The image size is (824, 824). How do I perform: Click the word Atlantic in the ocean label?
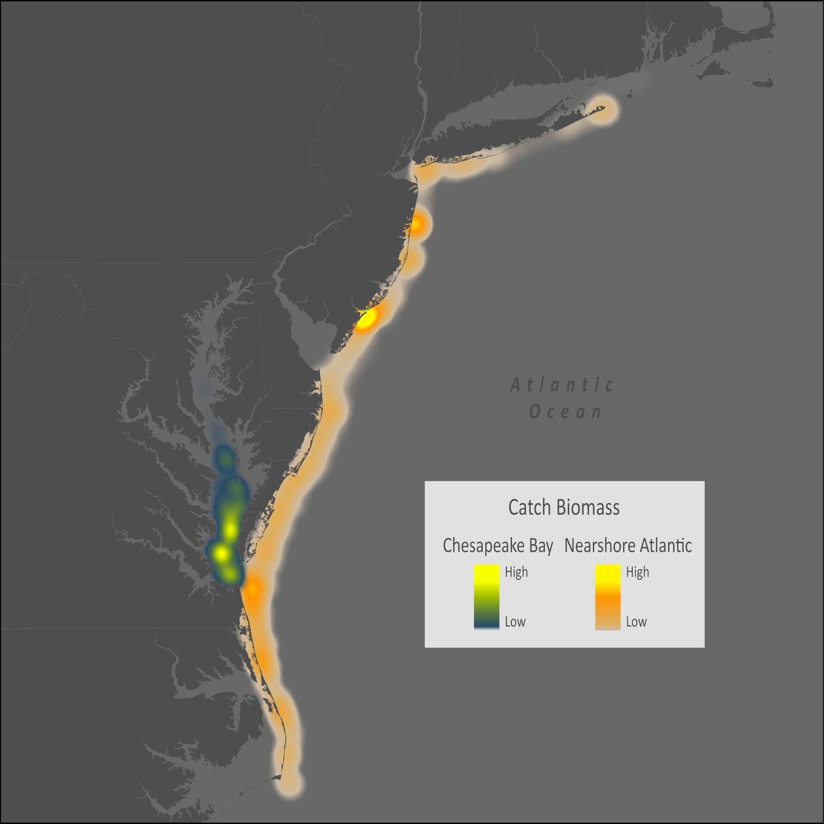(562, 385)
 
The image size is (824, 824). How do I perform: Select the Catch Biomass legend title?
(564, 508)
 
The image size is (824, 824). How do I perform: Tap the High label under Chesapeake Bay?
(516, 572)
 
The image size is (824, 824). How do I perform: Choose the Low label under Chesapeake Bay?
(515, 622)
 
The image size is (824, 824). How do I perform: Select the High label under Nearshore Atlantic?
(637, 572)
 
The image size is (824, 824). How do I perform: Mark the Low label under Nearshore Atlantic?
(636, 622)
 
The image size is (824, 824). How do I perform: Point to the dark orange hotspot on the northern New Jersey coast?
(416, 224)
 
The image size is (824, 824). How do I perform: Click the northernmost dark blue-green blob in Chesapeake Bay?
(225, 459)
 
